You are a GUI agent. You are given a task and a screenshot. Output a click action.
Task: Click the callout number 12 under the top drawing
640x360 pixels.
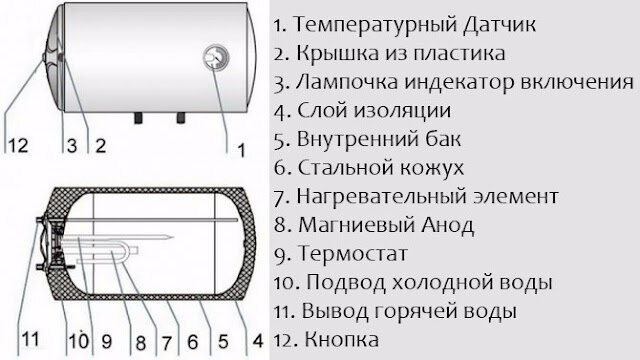tap(18, 145)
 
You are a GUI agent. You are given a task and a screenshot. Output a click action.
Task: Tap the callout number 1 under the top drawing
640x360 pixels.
tap(242, 150)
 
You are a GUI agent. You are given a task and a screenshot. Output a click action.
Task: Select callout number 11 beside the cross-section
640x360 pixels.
tap(30, 339)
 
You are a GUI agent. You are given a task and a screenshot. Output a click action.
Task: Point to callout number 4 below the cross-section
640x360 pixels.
tap(258, 341)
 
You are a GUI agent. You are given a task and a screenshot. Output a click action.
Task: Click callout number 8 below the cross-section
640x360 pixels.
tap(141, 342)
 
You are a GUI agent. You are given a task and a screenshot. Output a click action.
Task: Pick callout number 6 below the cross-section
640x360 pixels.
tap(193, 342)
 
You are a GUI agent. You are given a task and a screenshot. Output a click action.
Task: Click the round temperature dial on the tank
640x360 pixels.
tap(216, 58)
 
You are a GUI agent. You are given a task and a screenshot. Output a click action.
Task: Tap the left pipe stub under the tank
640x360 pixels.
tap(139, 118)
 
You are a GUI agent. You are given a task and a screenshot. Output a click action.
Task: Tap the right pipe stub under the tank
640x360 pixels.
tap(180, 118)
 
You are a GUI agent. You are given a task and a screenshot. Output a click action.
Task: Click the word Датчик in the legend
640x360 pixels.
tap(500, 24)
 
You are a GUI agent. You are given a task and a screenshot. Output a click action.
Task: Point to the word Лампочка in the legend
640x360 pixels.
tap(347, 82)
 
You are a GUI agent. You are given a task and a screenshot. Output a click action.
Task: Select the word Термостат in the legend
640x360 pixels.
tap(353, 253)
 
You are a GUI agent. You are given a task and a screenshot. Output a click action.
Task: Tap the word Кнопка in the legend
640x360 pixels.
tap(342, 339)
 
